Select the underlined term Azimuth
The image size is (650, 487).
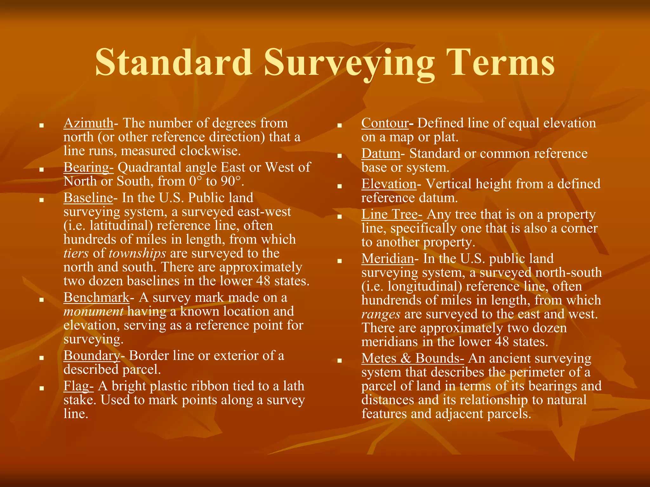tap(88, 123)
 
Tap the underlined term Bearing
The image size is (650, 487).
tap(88, 167)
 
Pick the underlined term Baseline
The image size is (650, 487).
tap(88, 198)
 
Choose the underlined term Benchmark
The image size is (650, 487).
tap(96, 297)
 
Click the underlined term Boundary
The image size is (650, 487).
tap(92, 356)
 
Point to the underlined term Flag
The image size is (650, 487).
tap(78, 386)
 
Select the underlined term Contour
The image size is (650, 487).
tap(385, 123)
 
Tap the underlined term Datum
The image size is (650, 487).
tap(381, 153)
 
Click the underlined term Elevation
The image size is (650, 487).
tap(389, 184)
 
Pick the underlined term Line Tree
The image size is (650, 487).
tap(392, 214)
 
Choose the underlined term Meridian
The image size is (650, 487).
tap(388, 258)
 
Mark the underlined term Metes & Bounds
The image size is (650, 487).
tap(413, 358)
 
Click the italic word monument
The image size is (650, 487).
tap(93, 312)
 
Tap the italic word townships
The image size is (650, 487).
tap(137, 253)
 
